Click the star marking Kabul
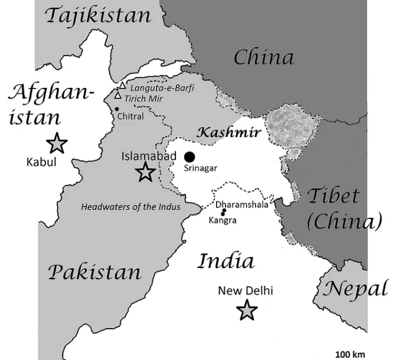57,143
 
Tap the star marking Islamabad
145,172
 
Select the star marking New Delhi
246,310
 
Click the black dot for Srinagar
189,156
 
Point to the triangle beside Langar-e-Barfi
123,86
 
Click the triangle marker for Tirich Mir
118,95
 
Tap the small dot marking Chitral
117,109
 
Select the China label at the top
263,58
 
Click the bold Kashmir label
228,132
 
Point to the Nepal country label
355,289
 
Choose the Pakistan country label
94,272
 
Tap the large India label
225,261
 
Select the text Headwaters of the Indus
130,207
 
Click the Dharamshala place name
241,204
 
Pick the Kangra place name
223,220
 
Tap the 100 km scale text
350,354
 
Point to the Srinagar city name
201,168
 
